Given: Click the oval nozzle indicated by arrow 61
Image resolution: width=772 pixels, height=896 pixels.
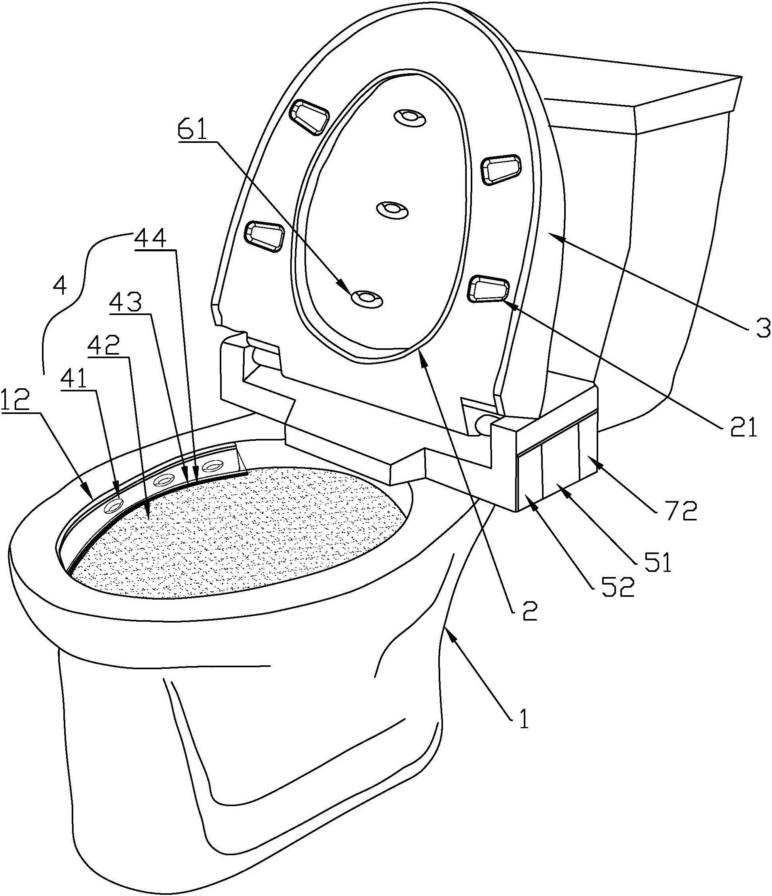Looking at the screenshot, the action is pyautogui.click(x=366, y=298).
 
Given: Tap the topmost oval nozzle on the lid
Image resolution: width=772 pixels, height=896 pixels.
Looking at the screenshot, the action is pyautogui.click(x=410, y=117).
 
